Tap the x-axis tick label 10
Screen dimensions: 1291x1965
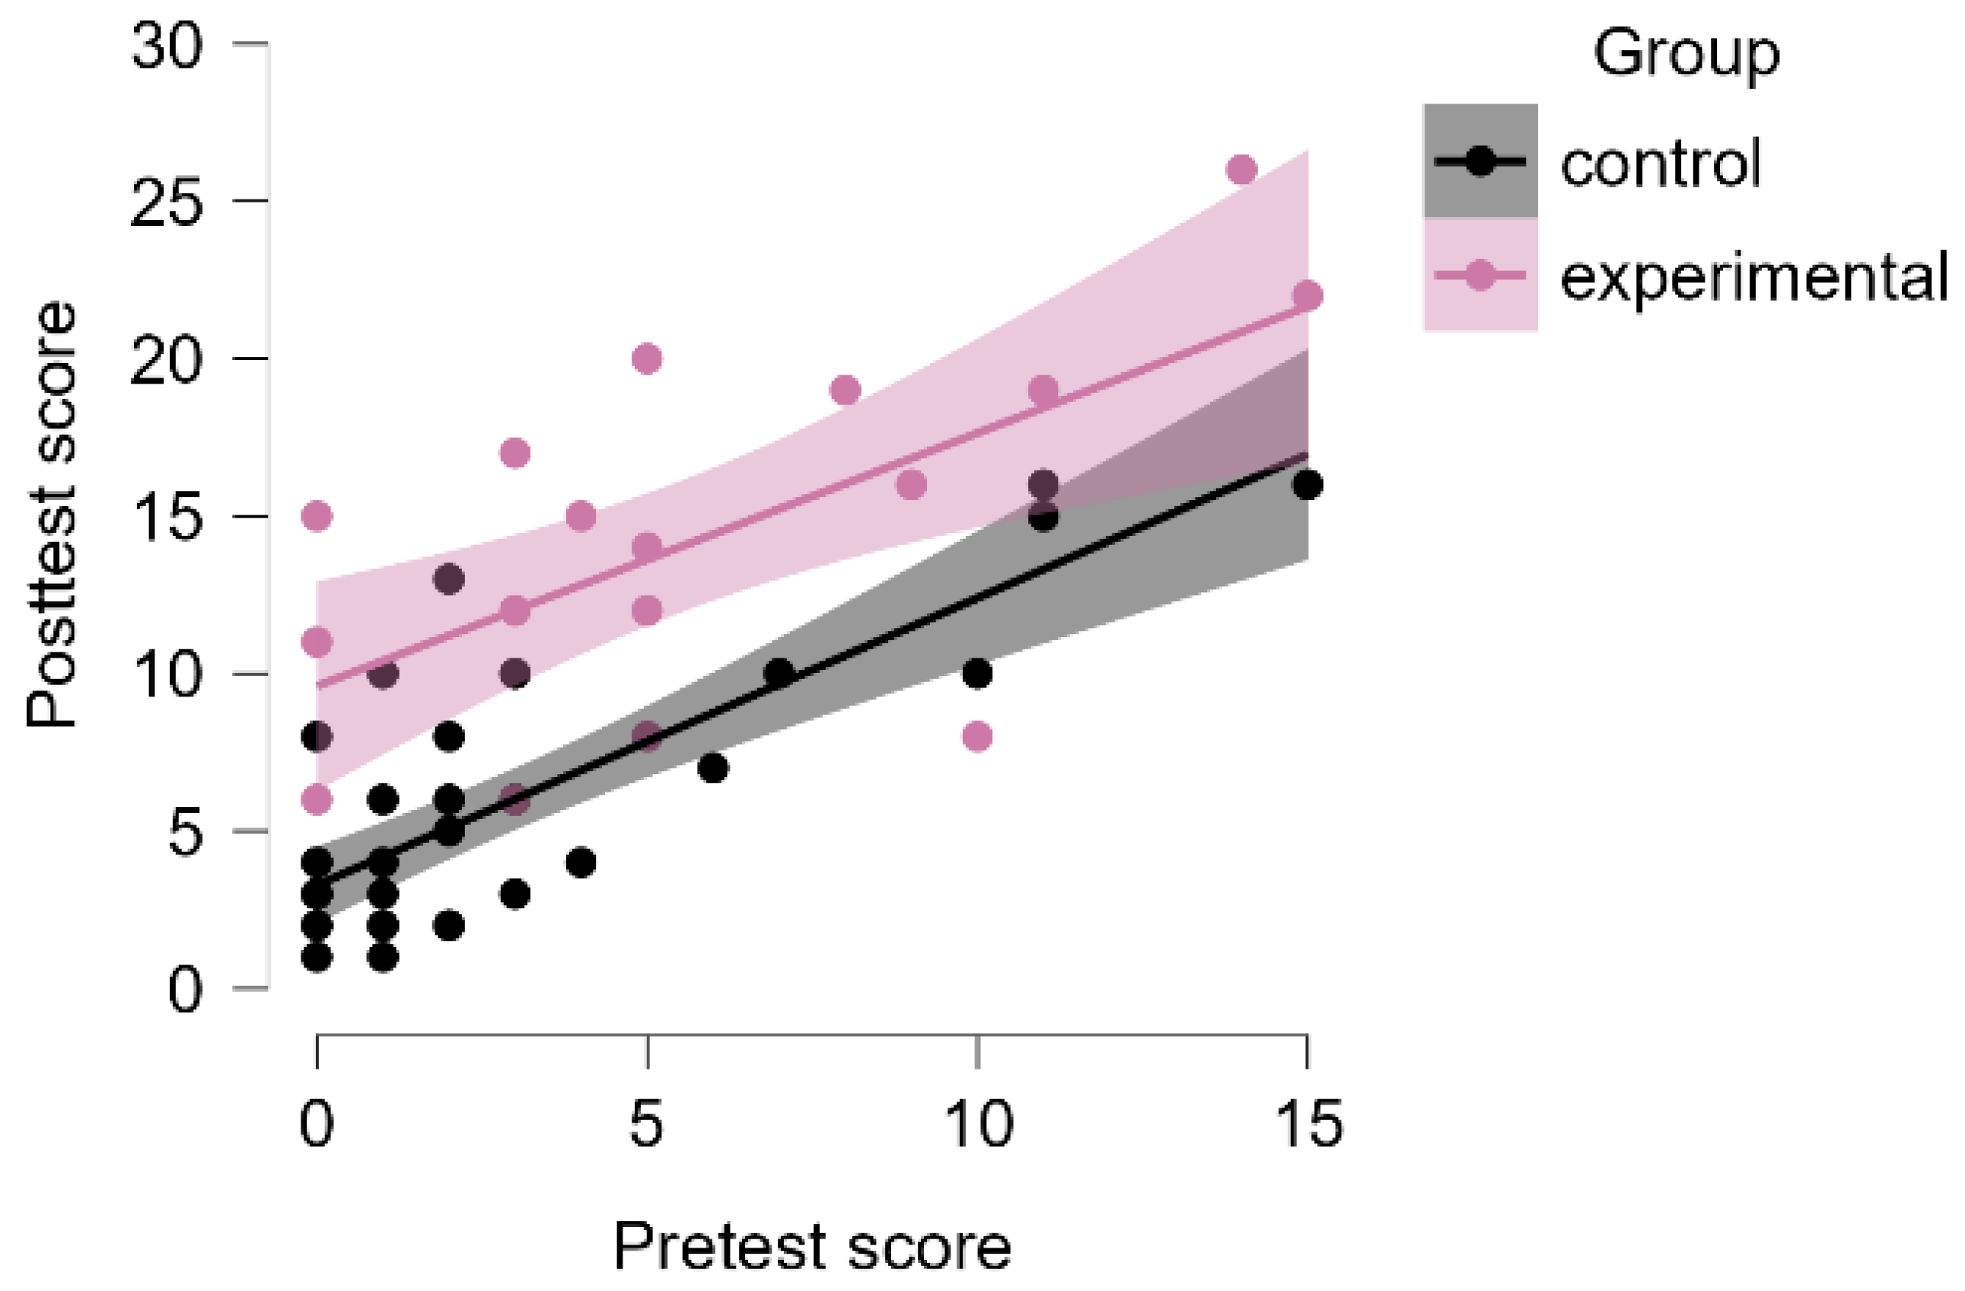[x=977, y=1125]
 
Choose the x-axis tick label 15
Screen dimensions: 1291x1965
[x=1307, y=1125]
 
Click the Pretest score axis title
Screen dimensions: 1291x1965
[x=813, y=1245]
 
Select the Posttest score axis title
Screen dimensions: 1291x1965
[x=51, y=515]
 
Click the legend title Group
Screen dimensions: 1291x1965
[x=1686, y=54]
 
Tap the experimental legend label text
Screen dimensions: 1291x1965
[x=1753, y=277]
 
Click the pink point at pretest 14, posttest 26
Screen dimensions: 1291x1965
[x=1242, y=171]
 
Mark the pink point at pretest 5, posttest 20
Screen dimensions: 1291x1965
[x=648, y=359]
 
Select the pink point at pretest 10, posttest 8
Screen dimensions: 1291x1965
[x=977, y=736]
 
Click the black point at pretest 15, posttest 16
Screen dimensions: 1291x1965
[x=1307, y=485]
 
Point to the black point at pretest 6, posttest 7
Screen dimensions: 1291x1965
[x=713, y=768]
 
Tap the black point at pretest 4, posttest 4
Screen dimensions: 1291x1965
[x=581, y=863]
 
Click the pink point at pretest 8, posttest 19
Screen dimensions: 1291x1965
[x=846, y=390]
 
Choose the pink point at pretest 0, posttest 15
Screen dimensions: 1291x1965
[x=317, y=516]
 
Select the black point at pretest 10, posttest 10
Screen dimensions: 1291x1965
[x=977, y=674]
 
